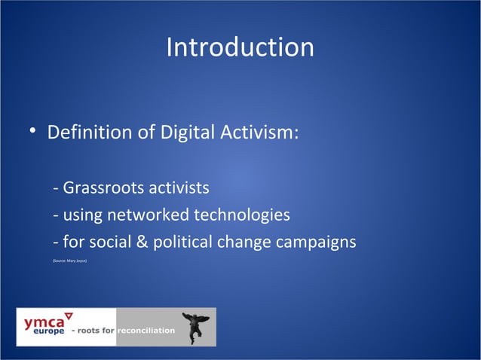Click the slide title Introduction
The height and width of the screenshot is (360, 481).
click(240, 47)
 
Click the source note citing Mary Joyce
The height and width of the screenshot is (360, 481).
click(70, 261)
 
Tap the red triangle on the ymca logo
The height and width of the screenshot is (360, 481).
click(68, 315)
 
